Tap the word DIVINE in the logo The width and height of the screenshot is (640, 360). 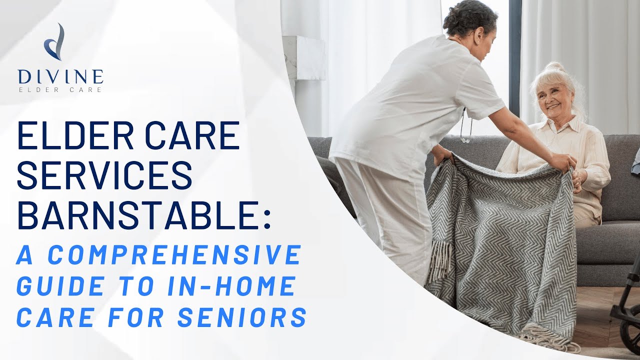click(60, 76)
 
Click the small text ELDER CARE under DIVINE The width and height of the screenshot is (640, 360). click(60, 90)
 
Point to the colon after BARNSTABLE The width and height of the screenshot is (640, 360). click(266, 219)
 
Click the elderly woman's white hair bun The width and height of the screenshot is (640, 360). click(555, 68)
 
